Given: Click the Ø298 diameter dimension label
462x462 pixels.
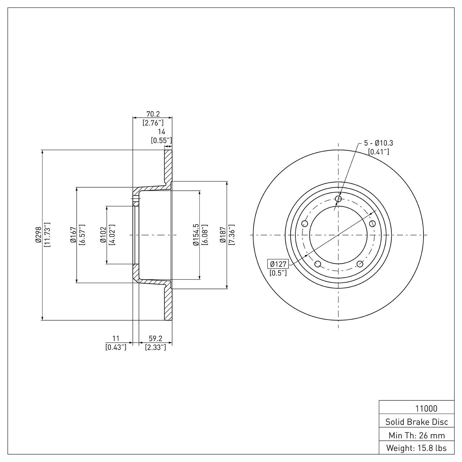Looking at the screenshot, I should (x=38, y=235).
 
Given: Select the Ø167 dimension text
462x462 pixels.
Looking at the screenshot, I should (x=73, y=235).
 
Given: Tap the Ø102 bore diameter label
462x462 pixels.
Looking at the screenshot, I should (x=103, y=235).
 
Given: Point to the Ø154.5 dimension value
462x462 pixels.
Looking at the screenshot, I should (x=196, y=235).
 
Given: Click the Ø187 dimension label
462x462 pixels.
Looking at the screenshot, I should (x=223, y=235).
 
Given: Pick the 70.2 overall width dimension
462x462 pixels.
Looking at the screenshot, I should (x=153, y=114).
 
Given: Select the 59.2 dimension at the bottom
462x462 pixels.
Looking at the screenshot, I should (x=156, y=338).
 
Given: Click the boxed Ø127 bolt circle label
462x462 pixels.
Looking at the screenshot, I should (x=278, y=264).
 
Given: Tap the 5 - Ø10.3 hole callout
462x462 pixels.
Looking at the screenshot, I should (x=379, y=143).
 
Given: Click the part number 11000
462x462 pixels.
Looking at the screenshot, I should (x=426, y=409).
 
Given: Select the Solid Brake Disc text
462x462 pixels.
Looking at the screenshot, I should (x=417, y=422).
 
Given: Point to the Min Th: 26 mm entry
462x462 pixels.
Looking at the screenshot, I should (x=417, y=435).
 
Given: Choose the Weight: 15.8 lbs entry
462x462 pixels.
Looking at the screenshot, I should (x=417, y=448).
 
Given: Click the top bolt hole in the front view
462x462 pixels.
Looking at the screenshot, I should (x=338, y=199).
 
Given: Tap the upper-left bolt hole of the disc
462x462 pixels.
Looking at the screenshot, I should (x=305, y=223).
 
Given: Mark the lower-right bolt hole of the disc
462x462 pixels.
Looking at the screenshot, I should (x=359, y=264).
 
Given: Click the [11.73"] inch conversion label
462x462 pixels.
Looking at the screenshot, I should (x=47, y=235).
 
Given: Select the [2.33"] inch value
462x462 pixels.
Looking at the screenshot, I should (x=156, y=347).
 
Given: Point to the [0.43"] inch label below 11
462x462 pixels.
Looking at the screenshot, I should (x=116, y=347).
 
